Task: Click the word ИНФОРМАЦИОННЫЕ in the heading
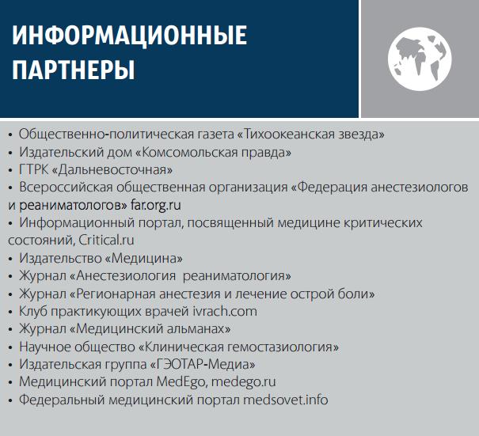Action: pyautogui.click(x=129, y=36)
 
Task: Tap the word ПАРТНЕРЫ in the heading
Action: pyautogui.click(x=74, y=70)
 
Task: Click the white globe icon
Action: pyautogui.click(x=420, y=59)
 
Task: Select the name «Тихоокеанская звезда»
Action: pyautogui.click(x=310, y=135)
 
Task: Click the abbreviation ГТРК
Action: pyautogui.click(x=33, y=170)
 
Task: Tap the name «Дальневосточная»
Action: pyautogui.click(x=112, y=170)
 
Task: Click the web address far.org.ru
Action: pyautogui.click(x=156, y=205)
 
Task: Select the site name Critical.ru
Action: pyautogui.click(x=106, y=240)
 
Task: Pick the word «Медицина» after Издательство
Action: pyautogui.click(x=143, y=258)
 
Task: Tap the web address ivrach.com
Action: pyautogui.click(x=225, y=312)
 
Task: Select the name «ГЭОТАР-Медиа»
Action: pyautogui.click(x=203, y=364)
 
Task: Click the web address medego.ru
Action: pyautogui.click(x=244, y=382)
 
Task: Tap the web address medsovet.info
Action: pyautogui.click(x=286, y=400)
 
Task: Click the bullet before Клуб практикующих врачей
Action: pyautogui.click(x=10, y=312)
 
